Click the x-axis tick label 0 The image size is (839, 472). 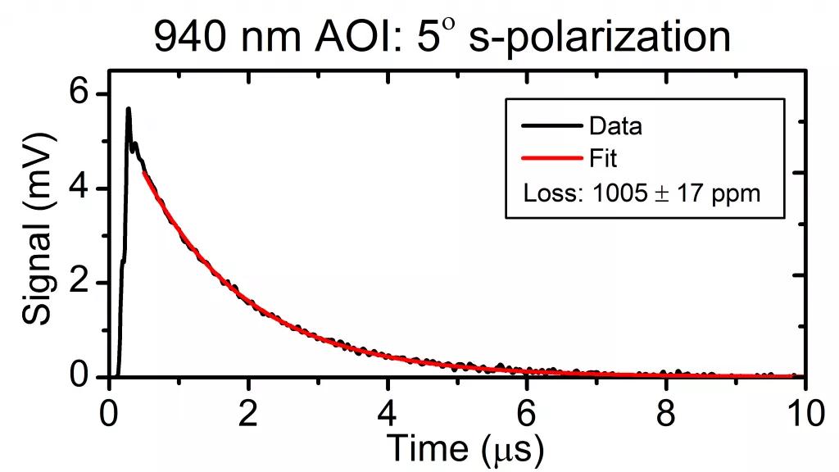point(109,415)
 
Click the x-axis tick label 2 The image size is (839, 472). point(248,415)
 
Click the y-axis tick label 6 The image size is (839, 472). point(80,94)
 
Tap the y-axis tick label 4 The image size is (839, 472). point(80,188)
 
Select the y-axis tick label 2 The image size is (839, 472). point(80,283)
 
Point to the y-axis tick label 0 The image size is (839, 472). point(80,377)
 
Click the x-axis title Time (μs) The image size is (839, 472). point(464,449)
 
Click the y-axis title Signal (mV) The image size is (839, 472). point(37,235)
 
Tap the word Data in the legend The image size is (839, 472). point(615,126)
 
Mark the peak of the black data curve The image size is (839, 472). point(128,108)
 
